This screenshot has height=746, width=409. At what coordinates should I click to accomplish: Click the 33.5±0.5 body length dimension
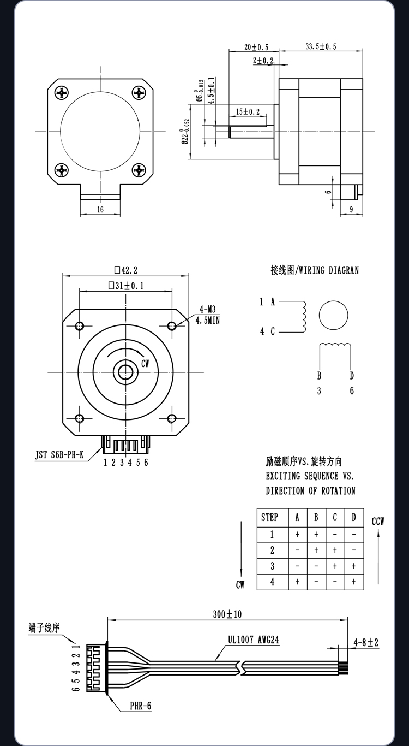tap(321, 46)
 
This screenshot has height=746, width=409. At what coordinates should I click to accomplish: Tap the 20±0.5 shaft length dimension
tap(256, 47)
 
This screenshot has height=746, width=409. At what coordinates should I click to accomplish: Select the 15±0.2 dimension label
tap(248, 111)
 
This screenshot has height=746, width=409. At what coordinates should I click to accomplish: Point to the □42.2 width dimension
tap(125, 270)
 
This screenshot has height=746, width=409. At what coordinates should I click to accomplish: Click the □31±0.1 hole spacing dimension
tap(126, 286)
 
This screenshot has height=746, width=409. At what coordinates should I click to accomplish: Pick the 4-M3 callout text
tap(207, 310)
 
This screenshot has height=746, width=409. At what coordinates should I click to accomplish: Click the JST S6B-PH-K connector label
tap(59, 454)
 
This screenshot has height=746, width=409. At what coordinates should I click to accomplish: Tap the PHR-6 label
tap(140, 706)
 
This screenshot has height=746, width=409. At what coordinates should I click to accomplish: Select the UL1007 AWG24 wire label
tap(254, 640)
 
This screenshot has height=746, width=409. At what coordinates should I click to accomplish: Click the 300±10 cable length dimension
tap(227, 614)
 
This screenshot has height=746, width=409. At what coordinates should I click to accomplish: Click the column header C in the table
tap(335, 518)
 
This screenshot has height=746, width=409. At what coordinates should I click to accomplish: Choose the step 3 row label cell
tap(273, 566)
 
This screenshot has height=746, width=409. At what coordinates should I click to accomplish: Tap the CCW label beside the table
tap(378, 522)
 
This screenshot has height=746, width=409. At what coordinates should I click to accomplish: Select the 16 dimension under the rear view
tap(100, 210)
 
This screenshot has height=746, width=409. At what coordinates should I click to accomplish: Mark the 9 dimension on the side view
tap(352, 210)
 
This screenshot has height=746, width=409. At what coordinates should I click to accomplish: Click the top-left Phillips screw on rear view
tap(62, 92)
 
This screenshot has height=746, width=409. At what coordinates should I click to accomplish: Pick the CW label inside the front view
tap(145, 364)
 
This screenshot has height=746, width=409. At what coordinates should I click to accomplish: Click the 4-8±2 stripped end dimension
tap(366, 642)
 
